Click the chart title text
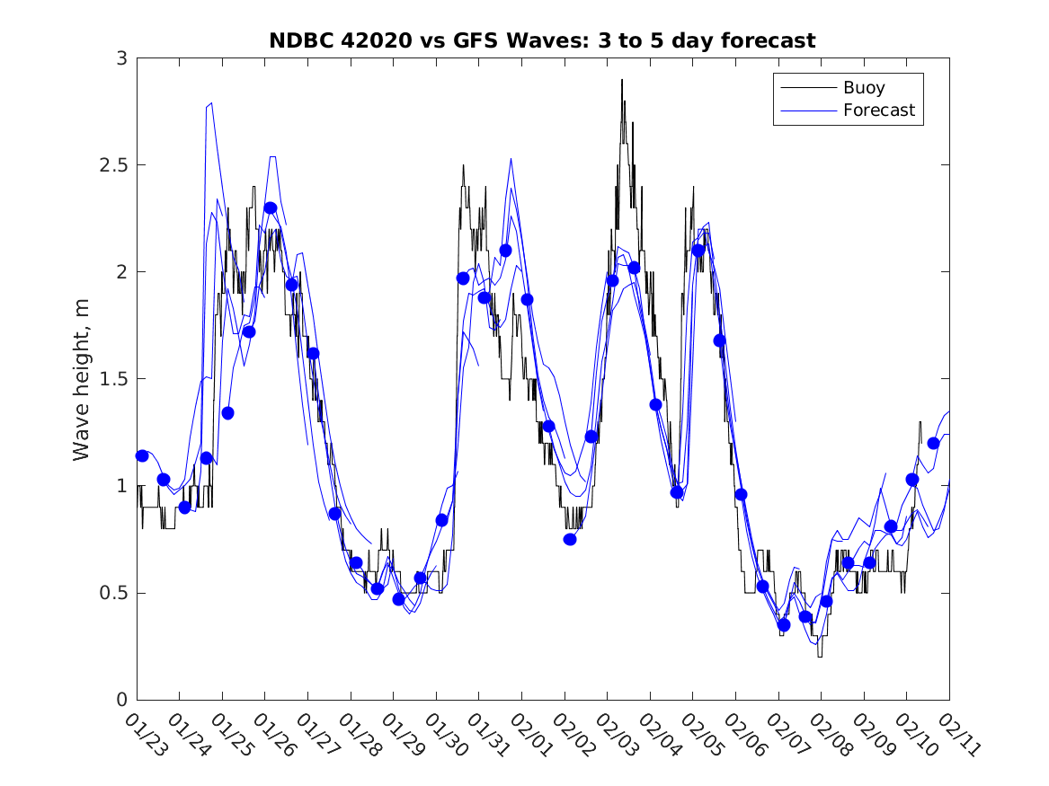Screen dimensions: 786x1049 click(x=542, y=40)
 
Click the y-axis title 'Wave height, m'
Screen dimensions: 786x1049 click(x=82, y=379)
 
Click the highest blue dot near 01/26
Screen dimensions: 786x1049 click(x=270, y=208)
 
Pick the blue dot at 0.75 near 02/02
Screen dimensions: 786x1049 click(x=570, y=539)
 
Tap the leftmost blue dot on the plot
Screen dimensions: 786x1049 click(x=142, y=455)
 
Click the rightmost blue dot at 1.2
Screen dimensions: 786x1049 click(x=933, y=443)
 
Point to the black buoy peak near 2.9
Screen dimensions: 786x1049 click(x=621, y=80)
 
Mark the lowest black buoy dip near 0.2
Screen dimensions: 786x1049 click(x=819, y=657)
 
